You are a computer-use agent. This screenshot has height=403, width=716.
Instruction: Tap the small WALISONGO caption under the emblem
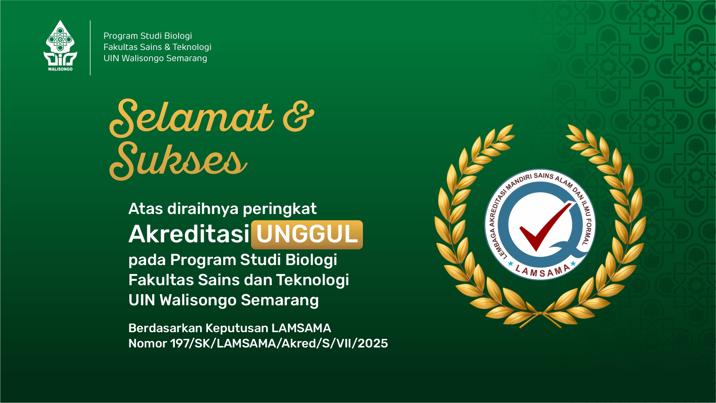[x=60, y=69]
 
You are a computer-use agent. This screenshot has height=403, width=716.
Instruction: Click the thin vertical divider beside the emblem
[x=90, y=48]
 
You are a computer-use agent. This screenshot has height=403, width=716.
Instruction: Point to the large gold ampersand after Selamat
[x=298, y=116]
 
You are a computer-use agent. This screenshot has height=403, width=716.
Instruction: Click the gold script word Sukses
[x=178, y=160]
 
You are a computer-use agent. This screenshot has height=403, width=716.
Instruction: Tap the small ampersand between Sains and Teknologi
[x=167, y=47]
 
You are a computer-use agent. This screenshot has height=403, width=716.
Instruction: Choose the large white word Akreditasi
[x=189, y=234]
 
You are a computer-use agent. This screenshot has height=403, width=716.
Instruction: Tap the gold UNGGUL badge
[x=307, y=234]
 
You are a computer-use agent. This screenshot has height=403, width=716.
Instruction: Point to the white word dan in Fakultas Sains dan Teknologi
[x=259, y=280]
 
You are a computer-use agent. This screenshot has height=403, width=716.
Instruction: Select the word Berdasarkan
[x=165, y=328]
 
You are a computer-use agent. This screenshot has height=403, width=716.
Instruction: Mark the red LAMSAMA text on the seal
[x=542, y=271]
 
